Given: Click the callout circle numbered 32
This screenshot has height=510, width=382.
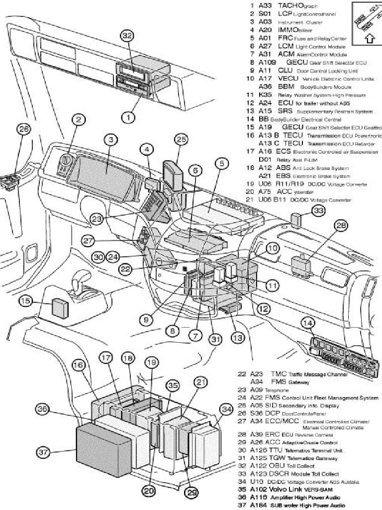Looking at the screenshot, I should tap(128, 35).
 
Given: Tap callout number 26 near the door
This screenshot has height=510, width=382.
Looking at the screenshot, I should tap(23, 129).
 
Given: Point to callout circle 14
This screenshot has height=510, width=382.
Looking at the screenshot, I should tap(308, 323).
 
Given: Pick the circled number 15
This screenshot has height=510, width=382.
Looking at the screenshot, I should tap(26, 300).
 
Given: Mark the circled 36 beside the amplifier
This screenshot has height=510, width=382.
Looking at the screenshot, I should tap(43, 409).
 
